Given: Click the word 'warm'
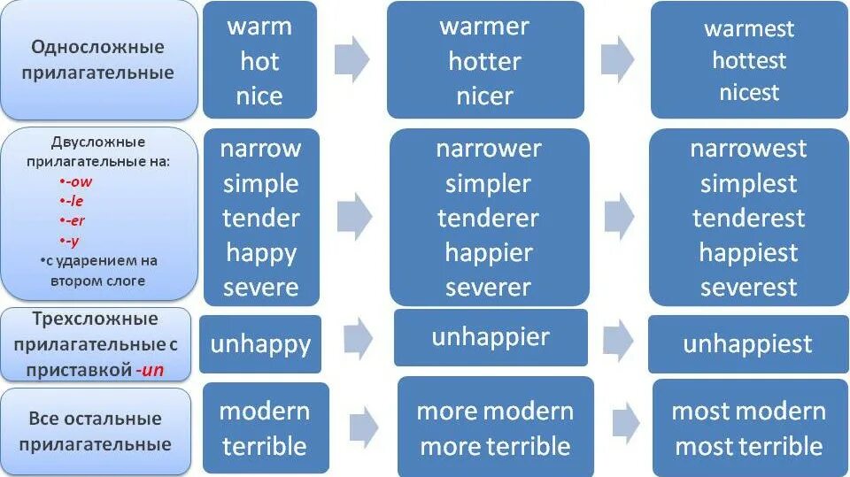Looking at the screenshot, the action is pos(259,26).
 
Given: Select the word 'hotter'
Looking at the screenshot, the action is pos(485,61).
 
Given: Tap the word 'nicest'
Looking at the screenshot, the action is pos(749,93).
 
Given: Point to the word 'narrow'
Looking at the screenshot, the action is pos(260,148).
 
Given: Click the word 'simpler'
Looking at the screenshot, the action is pos(488,184).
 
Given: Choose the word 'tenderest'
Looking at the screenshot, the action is pos(749,218).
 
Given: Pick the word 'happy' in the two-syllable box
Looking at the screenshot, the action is pos(261,252).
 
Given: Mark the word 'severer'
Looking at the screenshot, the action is pos(488,288).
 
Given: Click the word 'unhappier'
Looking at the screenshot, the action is pos(491,337).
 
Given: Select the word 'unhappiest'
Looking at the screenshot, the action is pos(747,344).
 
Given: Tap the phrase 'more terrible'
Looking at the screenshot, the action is pos(495,446).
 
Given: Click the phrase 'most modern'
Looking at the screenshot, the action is pos(748,412).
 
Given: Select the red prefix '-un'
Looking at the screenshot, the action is pos(151,370).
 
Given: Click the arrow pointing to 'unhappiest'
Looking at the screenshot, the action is pos(617,340).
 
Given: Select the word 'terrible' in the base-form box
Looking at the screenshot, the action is pos(265,446).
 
